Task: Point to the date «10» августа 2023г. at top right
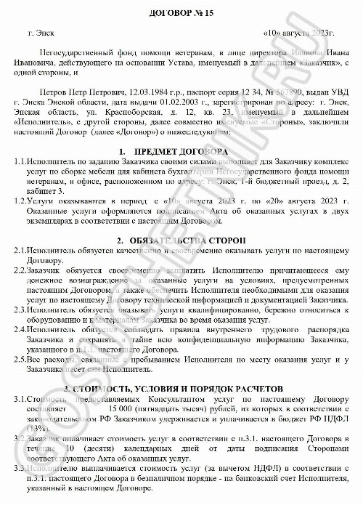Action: coord(298,33)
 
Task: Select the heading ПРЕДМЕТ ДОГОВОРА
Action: coord(181,150)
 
